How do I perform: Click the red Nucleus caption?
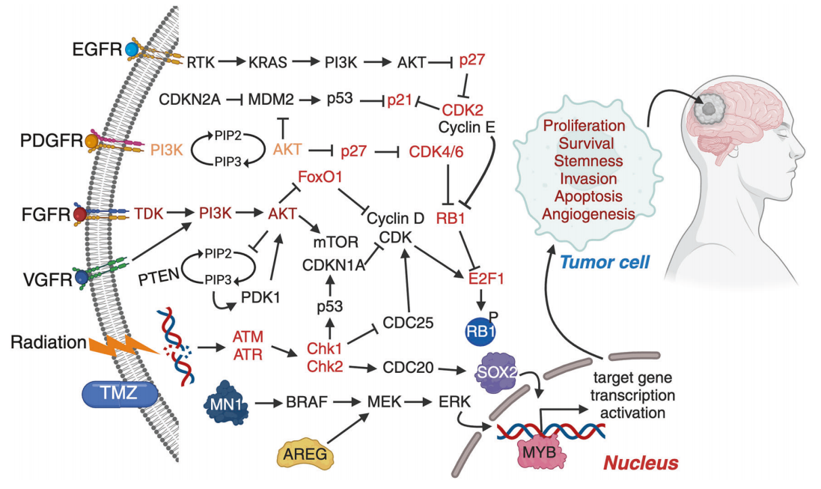point(643,463)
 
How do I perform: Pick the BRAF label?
point(306,403)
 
